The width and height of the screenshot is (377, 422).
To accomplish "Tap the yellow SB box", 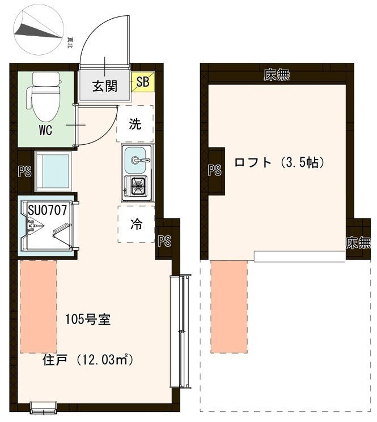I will coord(142,83).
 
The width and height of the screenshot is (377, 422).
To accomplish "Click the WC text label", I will coord(45,131).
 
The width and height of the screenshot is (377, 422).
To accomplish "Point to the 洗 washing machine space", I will coord(135,124).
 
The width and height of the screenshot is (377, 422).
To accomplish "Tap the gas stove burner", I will coord(137,186).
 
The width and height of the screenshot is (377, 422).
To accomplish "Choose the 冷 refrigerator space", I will coord(136,224).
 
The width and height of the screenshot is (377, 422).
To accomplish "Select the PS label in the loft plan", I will coord(214,170).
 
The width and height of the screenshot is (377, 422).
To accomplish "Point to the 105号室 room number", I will coord(88,318).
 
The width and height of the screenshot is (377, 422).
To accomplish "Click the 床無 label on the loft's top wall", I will coord(277,75).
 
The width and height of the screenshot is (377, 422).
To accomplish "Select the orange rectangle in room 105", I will coord(39,306).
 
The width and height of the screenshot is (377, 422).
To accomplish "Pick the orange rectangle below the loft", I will coord(229,306).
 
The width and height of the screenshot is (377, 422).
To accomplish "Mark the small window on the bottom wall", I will coord(42,406).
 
